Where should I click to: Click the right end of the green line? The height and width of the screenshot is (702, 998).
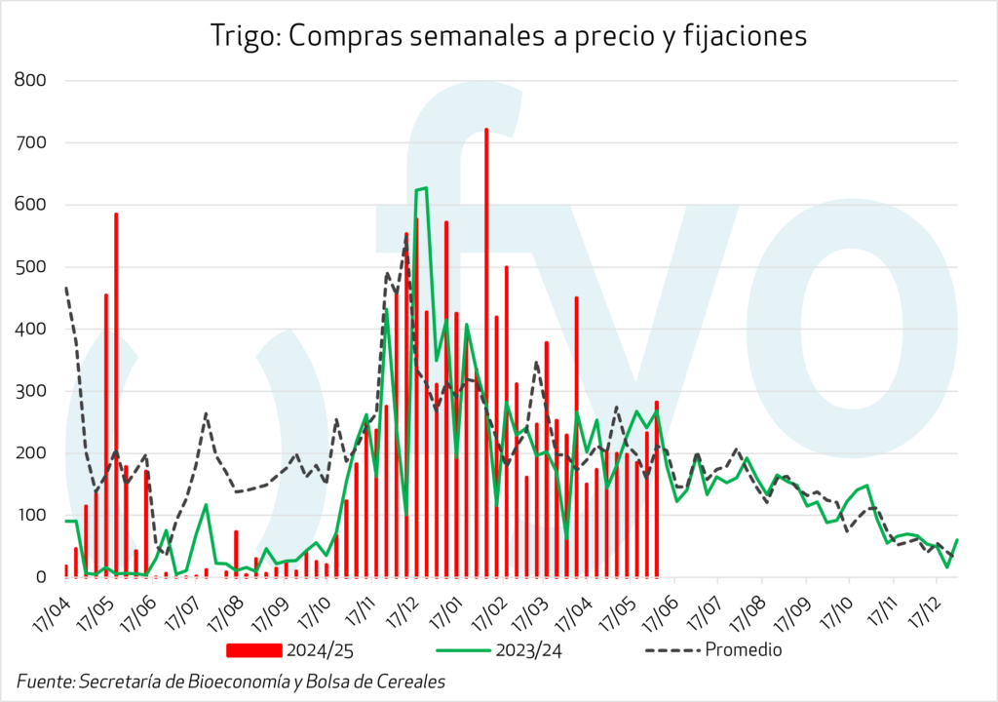click(x=957, y=539)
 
